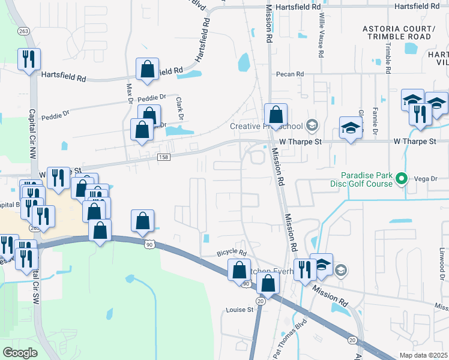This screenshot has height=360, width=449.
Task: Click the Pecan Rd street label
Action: [x=290, y=74]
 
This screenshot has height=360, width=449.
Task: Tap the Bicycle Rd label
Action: [x=232, y=253]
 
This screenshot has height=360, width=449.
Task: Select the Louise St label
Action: [x=240, y=310]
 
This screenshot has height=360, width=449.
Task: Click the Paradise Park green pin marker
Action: [x=403, y=178]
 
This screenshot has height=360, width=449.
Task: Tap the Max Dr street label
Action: [x=128, y=94]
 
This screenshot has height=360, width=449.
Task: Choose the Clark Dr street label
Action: [x=179, y=108]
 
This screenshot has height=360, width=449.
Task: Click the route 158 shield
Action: [x=163, y=157]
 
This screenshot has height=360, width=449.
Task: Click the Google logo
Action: [x=20, y=352]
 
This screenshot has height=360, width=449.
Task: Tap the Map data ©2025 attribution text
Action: [x=423, y=355]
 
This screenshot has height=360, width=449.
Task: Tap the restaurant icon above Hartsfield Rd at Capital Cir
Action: [x=28, y=59]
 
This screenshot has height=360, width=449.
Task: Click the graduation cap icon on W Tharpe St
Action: [x=351, y=127]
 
